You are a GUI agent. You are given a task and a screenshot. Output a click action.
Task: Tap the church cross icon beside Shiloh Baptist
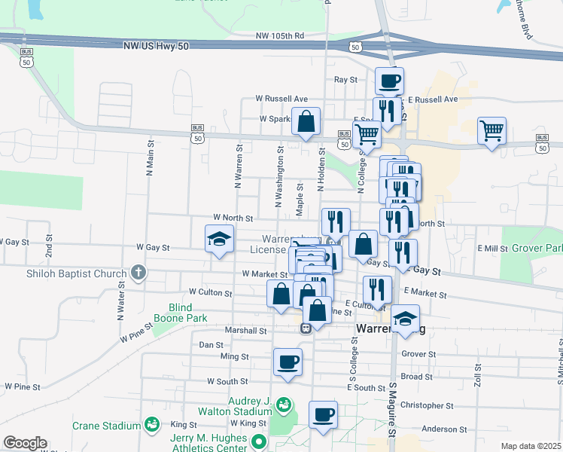[x=137, y=272]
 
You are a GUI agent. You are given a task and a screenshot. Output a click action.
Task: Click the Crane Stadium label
[x=105, y=426]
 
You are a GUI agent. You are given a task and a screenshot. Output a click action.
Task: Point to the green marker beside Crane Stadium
[x=152, y=426]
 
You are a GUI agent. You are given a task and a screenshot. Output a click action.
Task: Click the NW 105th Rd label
[x=279, y=35]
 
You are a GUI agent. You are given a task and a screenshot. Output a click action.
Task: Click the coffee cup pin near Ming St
[x=288, y=362]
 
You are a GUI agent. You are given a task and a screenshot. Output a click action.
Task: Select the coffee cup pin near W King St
[x=323, y=415]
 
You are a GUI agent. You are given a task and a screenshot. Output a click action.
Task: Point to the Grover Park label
[x=540, y=248]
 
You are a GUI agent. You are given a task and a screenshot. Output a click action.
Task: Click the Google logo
[x=25, y=443]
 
